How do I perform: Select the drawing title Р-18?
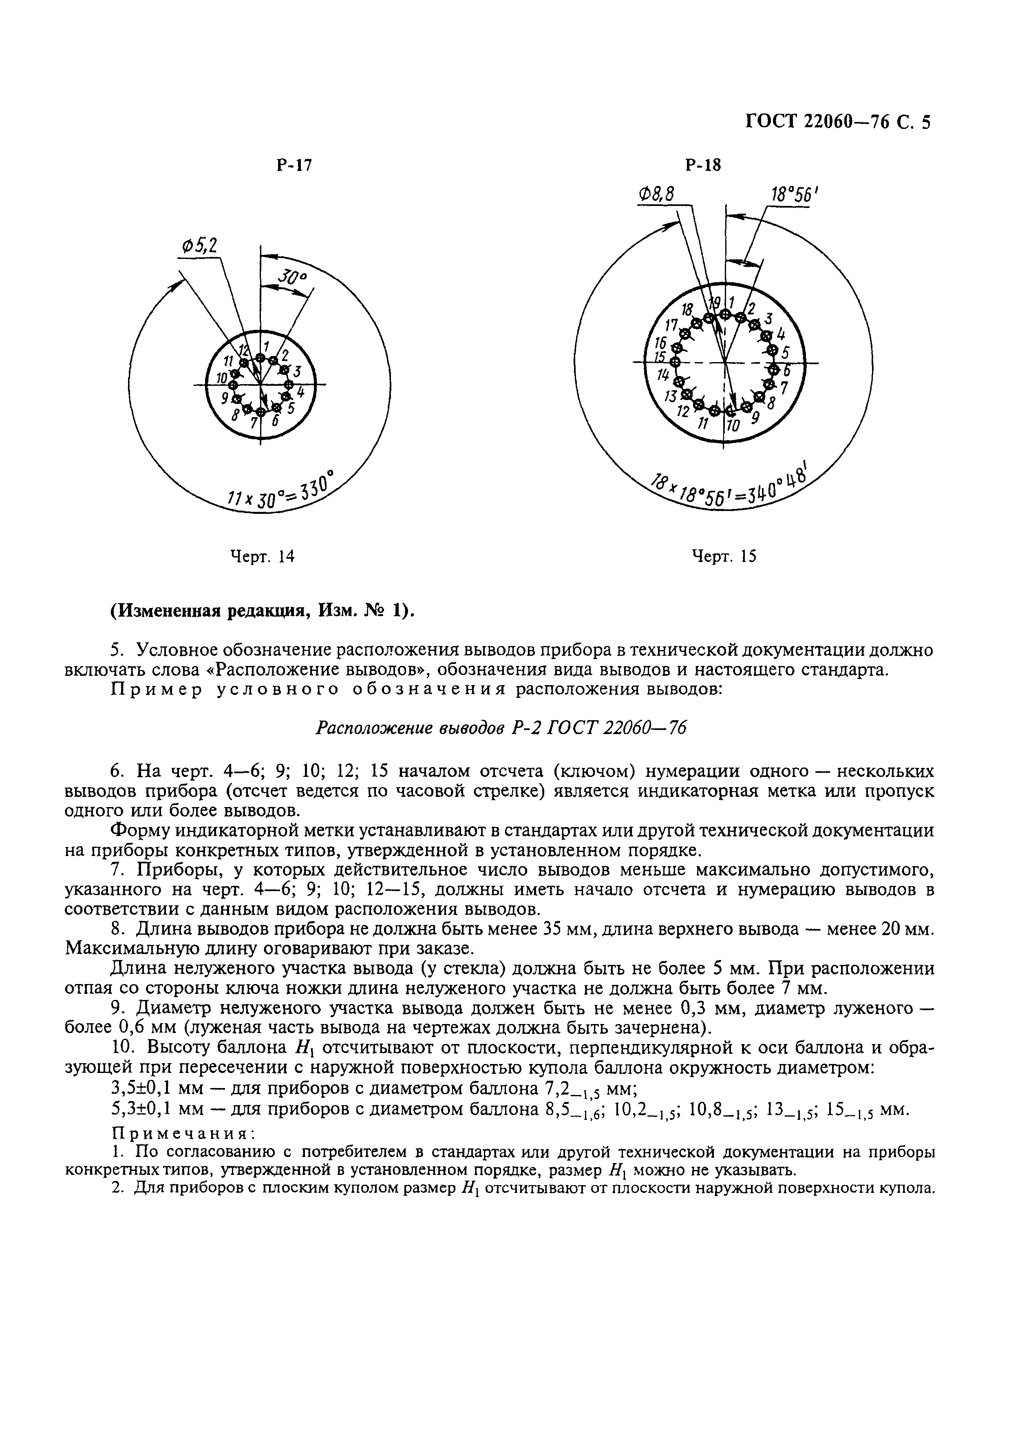point(703,166)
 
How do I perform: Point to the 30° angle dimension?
point(292,278)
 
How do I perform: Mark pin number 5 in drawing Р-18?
point(785,352)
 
